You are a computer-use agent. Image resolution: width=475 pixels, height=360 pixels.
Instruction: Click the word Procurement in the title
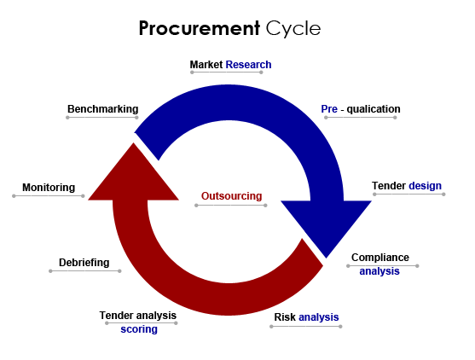(x=199, y=29)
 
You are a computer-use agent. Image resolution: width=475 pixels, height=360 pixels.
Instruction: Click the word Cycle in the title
(x=293, y=29)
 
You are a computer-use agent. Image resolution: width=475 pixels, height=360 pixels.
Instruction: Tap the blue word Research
(x=248, y=65)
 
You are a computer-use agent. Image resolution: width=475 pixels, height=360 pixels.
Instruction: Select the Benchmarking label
(x=102, y=109)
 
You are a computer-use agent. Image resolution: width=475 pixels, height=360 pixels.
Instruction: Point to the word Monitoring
(x=49, y=188)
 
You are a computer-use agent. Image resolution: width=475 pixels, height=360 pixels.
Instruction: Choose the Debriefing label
(x=84, y=263)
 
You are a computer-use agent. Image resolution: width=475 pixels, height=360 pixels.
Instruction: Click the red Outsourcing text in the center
(x=231, y=196)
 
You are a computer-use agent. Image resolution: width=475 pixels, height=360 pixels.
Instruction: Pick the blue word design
(x=425, y=186)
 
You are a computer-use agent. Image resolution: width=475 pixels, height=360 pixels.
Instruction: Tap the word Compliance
(x=380, y=258)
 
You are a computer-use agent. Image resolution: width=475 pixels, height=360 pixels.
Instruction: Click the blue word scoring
(x=139, y=329)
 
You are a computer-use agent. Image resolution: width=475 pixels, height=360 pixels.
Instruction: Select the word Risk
(x=285, y=317)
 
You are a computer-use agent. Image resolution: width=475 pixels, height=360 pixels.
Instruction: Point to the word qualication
(x=374, y=109)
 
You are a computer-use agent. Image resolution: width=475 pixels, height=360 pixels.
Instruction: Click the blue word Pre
(x=329, y=109)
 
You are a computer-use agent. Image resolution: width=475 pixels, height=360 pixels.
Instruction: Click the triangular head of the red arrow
(x=133, y=179)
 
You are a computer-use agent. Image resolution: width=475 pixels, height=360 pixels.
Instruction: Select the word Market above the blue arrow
(x=206, y=65)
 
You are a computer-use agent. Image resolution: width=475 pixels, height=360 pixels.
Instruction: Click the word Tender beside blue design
(x=389, y=186)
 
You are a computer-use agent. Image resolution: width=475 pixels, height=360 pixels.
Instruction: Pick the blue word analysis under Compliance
(x=379, y=271)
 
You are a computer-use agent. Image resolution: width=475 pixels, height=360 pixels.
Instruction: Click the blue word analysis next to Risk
(x=319, y=317)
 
